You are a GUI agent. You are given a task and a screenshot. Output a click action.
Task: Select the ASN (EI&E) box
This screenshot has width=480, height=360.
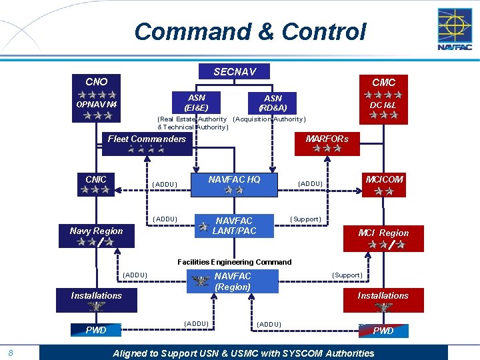pyautogui.click(x=197, y=102)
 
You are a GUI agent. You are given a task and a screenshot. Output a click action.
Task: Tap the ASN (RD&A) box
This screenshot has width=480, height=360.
pyautogui.click(x=273, y=103)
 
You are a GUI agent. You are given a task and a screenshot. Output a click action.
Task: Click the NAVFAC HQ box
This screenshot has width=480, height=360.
pyautogui.click(x=234, y=184)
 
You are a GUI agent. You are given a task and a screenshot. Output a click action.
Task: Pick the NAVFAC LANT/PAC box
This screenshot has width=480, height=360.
pyautogui.click(x=234, y=226)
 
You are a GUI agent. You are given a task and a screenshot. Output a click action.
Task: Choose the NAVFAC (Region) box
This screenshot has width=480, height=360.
pyautogui.click(x=233, y=281)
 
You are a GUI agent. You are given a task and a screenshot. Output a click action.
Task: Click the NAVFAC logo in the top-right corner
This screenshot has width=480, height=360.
pyautogui.click(x=455, y=29)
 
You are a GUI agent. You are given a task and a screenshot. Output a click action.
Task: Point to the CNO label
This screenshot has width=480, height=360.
pyautogui.click(x=97, y=81)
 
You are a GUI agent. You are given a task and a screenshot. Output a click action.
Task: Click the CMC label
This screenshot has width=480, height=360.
pyautogui.click(x=383, y=82)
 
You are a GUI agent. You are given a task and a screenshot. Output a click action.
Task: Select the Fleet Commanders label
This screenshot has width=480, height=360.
pyautogui.click(x=147, y=139)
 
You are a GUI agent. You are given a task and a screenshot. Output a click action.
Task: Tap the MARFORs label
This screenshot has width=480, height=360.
pyautogui.click(x=327, y=139)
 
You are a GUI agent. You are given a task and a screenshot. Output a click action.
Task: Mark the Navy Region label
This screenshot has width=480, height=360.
pyautogui.click(x=96, y=231)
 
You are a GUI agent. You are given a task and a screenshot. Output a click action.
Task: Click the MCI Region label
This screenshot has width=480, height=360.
pyautogui.click(x=383, y=233)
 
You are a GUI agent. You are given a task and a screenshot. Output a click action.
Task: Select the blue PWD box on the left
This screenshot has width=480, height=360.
pyautogui.click(x=96, y=329)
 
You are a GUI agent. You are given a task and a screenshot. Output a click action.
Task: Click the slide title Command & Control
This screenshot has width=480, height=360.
pyautogui.click(x=250, y=31)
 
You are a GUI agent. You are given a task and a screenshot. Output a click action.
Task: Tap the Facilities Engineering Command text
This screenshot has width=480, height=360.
pyautogui.click(x=234, y=262)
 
